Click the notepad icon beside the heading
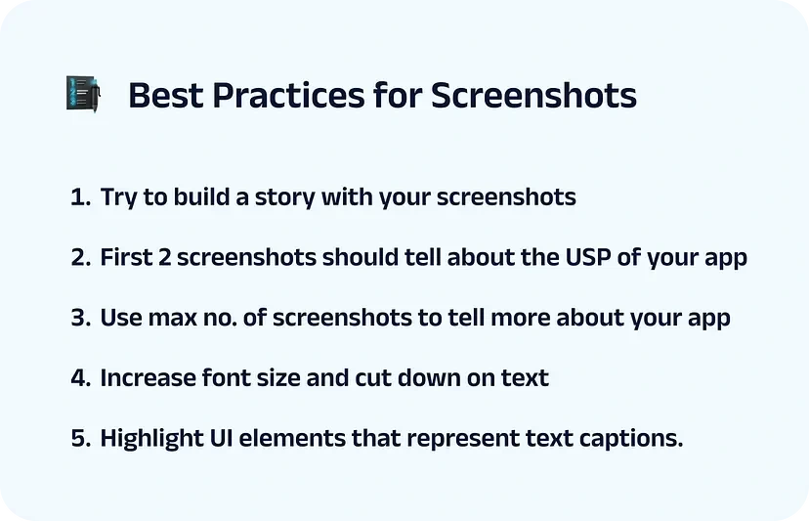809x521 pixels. point(83,94)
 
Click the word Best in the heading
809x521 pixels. point(166,95)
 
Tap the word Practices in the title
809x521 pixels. point(288,95)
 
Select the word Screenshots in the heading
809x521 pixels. point(533,95)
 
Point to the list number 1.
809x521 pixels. point(80,197)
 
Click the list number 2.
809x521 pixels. point(81,257)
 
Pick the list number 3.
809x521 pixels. point(81,318)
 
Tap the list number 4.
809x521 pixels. point(81,378)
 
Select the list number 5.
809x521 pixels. point(81,438)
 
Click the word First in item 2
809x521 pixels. point(126,257)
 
